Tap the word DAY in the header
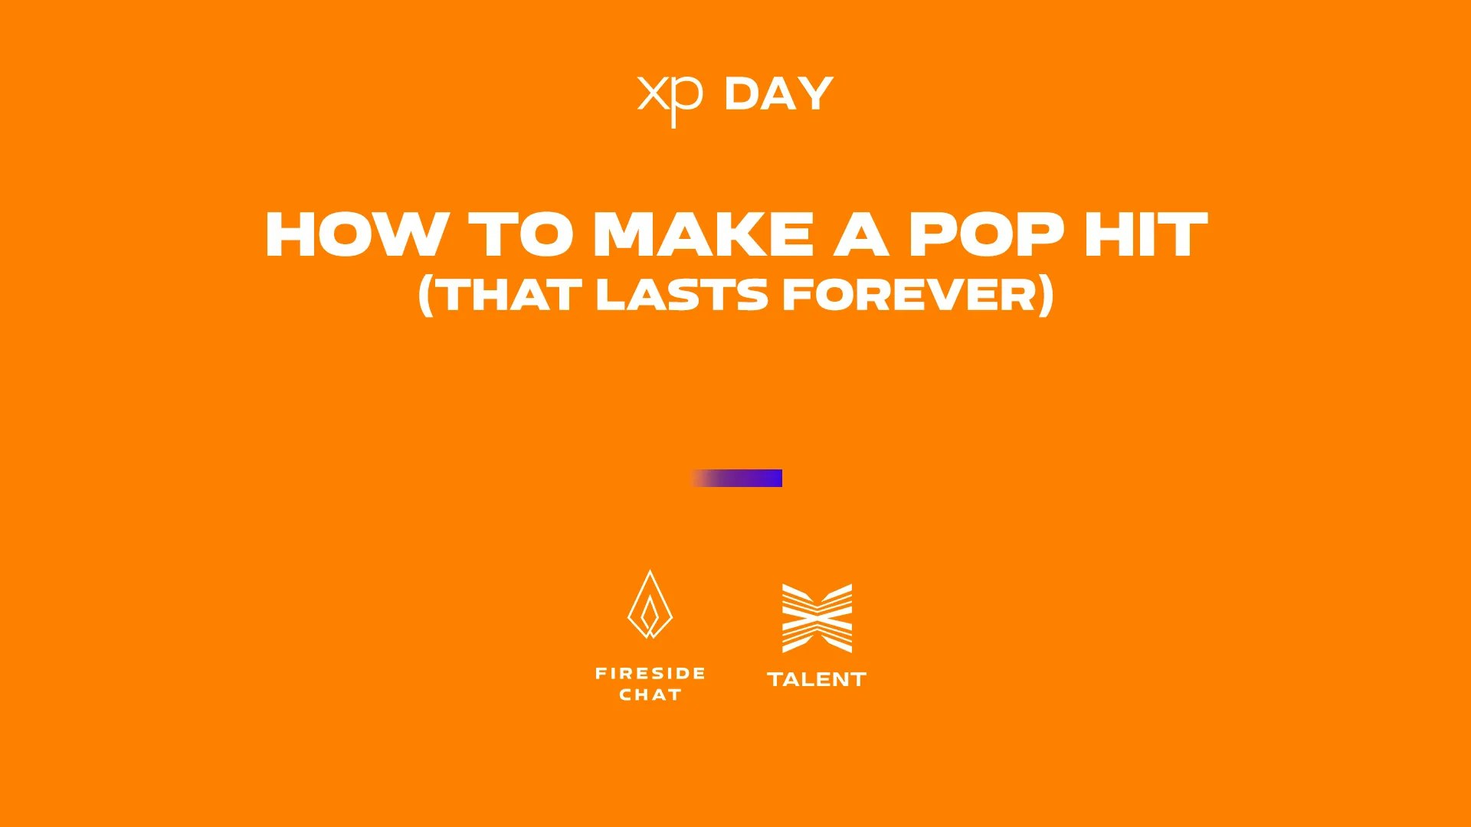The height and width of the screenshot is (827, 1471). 778,94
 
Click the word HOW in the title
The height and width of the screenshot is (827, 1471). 357,234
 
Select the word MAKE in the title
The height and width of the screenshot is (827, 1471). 703,234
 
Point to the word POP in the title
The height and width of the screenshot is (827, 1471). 987,234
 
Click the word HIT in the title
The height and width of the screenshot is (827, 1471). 1146,234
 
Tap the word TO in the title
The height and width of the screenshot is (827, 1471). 521,234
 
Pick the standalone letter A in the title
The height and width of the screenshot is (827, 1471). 861,234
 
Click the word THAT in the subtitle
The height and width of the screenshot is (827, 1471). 510,295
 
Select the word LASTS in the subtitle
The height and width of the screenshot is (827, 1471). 682,295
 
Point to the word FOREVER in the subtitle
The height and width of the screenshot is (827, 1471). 909,295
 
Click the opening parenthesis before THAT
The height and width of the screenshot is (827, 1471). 427,296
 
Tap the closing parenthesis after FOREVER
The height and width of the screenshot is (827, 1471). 1046,296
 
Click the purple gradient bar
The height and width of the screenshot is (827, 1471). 736,479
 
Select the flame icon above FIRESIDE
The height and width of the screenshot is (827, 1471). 650,604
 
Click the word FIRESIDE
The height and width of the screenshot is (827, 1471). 650,674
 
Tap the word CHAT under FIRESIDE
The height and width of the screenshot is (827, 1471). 650,695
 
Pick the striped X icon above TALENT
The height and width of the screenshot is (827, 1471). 817,619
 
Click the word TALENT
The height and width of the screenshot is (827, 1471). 817,680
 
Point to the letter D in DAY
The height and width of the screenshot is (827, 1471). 742,94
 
